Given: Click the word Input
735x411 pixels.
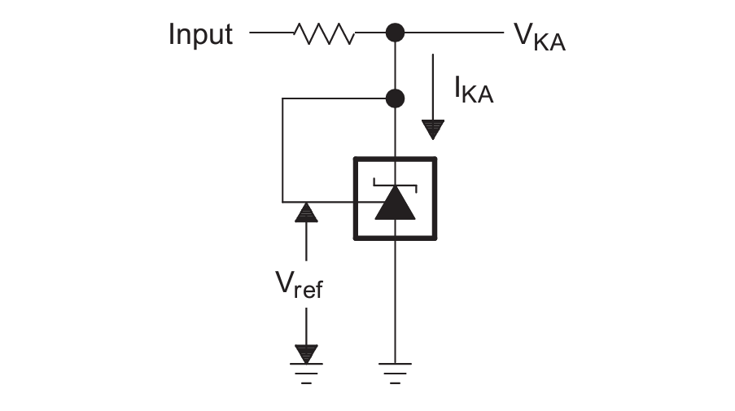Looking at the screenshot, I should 200,34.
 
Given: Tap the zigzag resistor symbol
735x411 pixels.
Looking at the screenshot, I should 324,33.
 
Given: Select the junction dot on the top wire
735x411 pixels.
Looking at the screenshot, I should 395,33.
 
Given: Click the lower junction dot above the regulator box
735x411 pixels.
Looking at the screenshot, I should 395,98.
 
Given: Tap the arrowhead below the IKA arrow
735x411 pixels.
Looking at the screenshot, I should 432,129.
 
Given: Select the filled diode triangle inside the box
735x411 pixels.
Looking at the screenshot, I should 395,203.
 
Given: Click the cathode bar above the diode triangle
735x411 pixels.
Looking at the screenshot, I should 395,183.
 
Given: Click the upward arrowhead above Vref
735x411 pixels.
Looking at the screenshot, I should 306,212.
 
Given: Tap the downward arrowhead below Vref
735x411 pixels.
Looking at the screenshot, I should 306,353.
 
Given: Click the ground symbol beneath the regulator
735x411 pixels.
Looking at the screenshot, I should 395,370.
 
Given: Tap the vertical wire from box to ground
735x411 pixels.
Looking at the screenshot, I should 395,301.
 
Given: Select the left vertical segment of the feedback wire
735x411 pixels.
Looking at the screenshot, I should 282,151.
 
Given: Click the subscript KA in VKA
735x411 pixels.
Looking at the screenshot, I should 551,42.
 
